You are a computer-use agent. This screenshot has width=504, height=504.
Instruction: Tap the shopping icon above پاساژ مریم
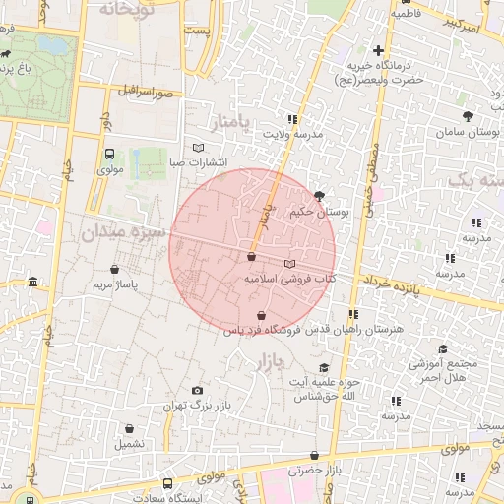pos(117,268)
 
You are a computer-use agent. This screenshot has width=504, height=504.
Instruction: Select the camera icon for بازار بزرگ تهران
pos(197,391)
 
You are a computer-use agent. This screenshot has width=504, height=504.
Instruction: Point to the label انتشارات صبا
pos(200,162)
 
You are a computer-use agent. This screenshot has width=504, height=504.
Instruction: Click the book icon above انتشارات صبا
pos(198,148)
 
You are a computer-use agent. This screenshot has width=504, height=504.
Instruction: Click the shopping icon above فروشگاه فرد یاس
pos(261,315)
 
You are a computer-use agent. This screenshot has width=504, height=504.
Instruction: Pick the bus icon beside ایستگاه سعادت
pos(168,483)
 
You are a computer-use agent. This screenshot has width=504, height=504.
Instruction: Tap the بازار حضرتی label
pos(314,471)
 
